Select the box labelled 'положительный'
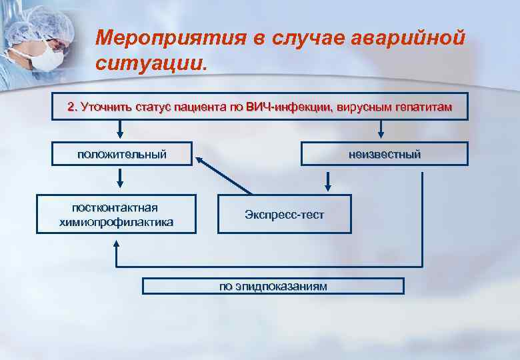point(121,154)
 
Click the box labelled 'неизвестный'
point(384,154)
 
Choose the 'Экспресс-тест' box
point(284,214)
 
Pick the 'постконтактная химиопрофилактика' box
point(116,214)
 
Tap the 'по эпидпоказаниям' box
point(273,286)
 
